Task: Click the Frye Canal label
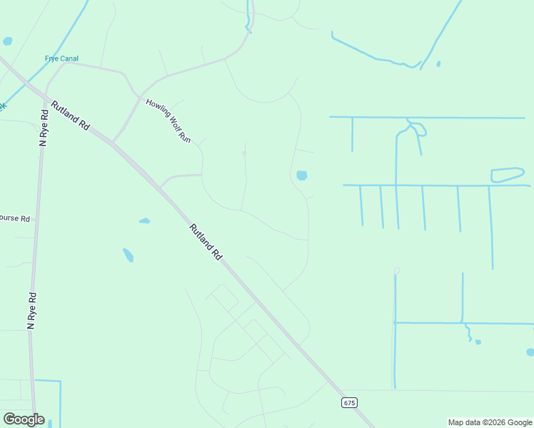click(x=62, y=58)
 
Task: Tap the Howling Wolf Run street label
click(x=169, y=120)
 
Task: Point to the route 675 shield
click(x=348, y=403)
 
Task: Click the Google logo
click(x=24, y=419)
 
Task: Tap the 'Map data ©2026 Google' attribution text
click(x=490, y=422)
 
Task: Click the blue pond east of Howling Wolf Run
click(x=301, y=175)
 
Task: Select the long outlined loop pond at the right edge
click(x=507, y=174)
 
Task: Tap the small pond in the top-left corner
click(x=8, y=41)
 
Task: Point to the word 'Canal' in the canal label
click(x=69, y=58)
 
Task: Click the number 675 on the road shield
click(x=348, y=403)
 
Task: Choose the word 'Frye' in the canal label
click(x=52, y=58)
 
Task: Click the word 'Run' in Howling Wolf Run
click(x=185, y=136)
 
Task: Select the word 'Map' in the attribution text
click(x=455, y=422)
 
